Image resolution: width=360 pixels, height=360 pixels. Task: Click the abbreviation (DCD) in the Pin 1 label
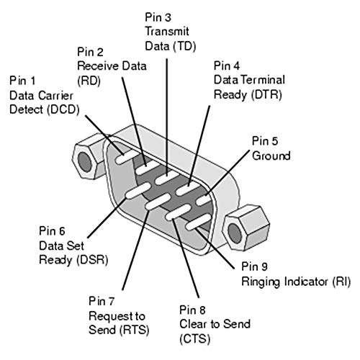click(x=63, y=110)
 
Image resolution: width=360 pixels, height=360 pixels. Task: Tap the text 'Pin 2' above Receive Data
click(x=90, y=52)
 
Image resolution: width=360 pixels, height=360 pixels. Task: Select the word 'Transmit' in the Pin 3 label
click(x=167, y=32)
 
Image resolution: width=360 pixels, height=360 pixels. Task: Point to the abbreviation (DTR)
click(x=266, y=94)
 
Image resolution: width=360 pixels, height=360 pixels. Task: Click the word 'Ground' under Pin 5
click(x=271, y=156)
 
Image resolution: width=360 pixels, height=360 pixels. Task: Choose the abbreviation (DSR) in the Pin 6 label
click(x=92, y=260)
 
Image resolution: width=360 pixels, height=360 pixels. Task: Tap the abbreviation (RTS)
click(x=134, y=330)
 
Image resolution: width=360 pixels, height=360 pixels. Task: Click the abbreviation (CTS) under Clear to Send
click(x=195, y=339)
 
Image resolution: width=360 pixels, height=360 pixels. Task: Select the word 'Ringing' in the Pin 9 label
click(x=261, y=282)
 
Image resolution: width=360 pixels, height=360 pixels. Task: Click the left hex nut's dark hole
click(x=85, y=161)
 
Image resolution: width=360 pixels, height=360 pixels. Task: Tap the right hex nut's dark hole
click(x=235, y=233)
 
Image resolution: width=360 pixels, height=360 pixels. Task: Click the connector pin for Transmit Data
click(x=167, y=177)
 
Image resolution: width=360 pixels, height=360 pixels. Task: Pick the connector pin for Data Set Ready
click(x=138, y=191)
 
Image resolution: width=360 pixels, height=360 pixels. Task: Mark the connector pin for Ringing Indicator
click(x=198, y=222)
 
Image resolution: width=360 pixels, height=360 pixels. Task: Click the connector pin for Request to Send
click(x=158, y=202)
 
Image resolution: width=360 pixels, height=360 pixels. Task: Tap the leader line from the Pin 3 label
click(x=166, y=117)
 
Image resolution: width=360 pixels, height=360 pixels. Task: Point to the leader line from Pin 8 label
click(x=186, y=258)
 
